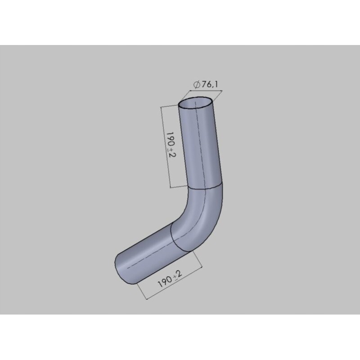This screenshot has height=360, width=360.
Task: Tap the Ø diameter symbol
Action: coord(196,85)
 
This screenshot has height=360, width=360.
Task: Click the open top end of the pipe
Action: coord(196,103)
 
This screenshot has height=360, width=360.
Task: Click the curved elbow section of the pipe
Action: coord(202,216)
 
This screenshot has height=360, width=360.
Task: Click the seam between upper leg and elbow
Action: coord(205,187)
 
